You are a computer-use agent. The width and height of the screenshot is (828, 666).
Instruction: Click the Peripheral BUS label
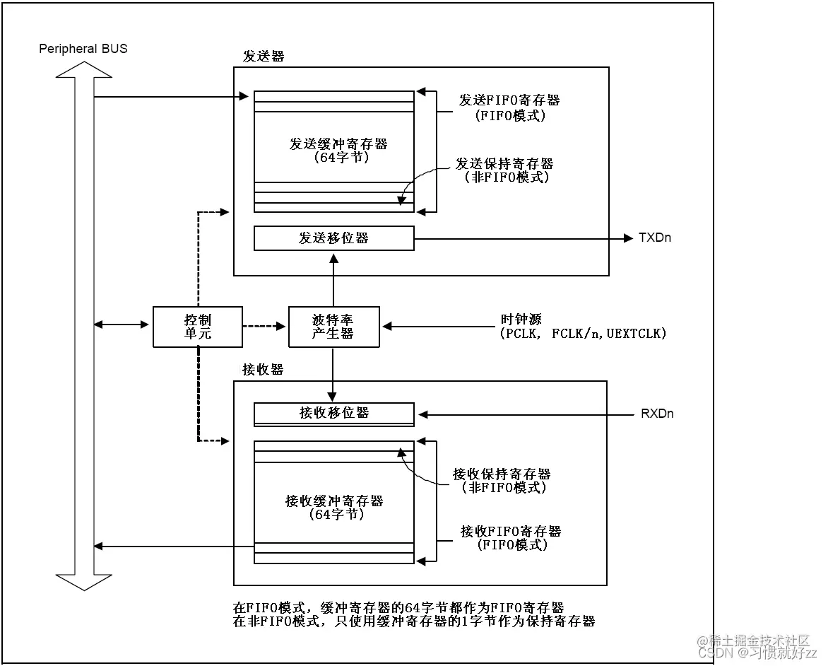[83, 49]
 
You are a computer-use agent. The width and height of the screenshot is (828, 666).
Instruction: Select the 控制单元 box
[197, 327]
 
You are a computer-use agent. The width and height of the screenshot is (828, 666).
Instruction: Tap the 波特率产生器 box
[333, 327]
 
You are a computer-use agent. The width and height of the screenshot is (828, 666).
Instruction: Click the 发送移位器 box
[333, 238]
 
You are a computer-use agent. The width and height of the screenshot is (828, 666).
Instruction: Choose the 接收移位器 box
[333, 413]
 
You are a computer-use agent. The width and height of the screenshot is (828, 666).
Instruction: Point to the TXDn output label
[654, 238]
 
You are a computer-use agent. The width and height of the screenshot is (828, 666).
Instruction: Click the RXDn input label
[656, 414]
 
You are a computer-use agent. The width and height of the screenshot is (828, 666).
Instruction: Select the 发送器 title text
[263, 57]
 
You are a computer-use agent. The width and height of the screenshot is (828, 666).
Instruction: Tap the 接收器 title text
[263, 370]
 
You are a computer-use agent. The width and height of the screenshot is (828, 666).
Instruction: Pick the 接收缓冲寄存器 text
[334, 501]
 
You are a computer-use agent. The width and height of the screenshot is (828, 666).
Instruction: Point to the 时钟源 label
[521, 320]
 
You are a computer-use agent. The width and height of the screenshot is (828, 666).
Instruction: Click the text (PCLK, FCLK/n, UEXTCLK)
[583, 333]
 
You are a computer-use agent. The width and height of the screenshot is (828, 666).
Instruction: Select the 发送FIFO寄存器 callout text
[509, 100]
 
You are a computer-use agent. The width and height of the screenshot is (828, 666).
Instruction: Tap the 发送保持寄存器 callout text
[504, 164]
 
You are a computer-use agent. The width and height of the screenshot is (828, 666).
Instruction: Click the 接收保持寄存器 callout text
[502, 474]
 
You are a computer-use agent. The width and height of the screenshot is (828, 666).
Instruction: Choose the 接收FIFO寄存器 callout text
[511, 532]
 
